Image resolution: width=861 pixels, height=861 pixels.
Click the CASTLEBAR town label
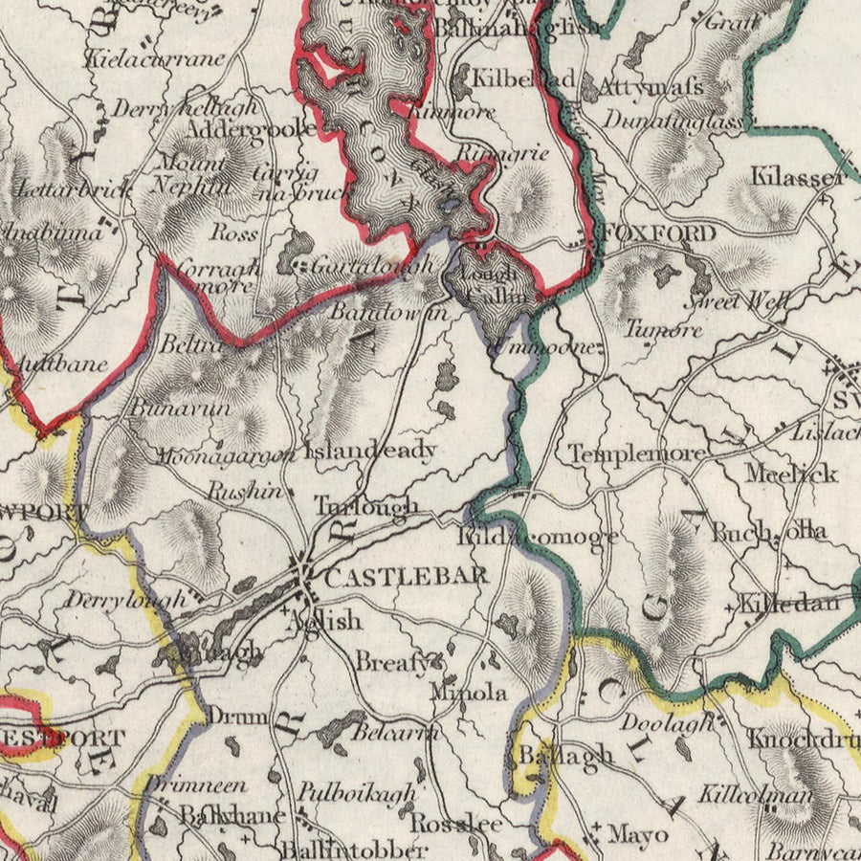pyautogui.click(x=407, y=577)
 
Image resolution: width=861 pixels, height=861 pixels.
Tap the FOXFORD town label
pyautogui.click(x=660, y=234)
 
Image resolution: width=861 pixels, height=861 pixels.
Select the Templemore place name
pyautogui.click(x=638, y=454)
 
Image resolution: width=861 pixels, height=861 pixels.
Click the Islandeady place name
pyautogui.click(x=370, y=450)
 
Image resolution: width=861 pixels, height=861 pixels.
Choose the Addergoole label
pyautogui.click(x=251, y=128)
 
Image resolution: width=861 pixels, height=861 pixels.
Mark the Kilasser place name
pyautogui.click(x=797, y=177)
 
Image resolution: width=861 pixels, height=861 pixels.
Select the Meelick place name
pyautogui.click(x=791, y=474)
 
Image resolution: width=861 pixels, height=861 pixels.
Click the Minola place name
pyautogui.click(x=468, y=692)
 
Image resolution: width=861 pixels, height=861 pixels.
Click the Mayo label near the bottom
pyautogui.click(x=637, y=834)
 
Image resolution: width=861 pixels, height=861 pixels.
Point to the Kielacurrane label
pyautogui.click(x=156, y=58)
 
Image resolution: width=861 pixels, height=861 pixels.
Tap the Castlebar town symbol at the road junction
pyautogui.click(x=304, y=576)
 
